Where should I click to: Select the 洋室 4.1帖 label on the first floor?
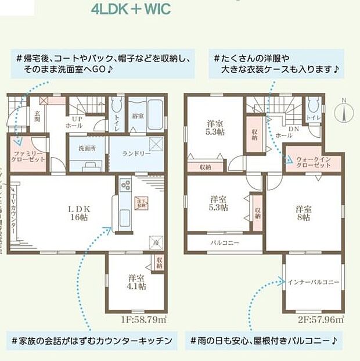137,281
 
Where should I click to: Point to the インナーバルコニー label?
314,282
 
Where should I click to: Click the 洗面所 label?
87,148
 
